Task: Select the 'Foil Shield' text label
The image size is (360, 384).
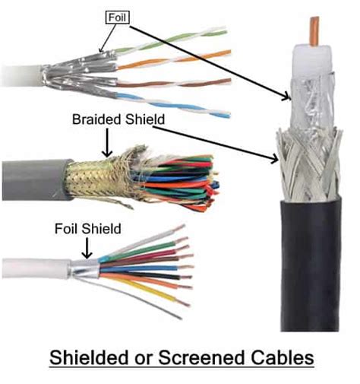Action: point(87,227)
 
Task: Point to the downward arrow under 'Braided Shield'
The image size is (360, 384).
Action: point(109,141)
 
